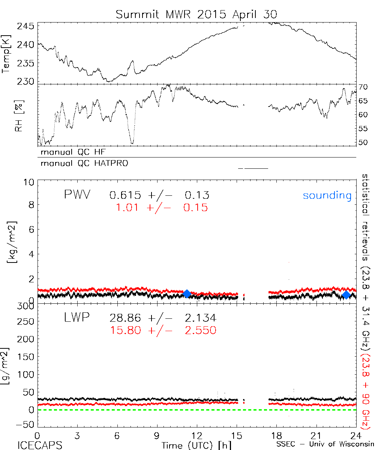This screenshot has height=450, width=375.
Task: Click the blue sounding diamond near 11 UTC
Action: (x=187, y=294)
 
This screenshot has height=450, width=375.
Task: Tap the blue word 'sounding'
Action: (x=327, y=195)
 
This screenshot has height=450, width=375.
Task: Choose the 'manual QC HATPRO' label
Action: (x=82, y=163)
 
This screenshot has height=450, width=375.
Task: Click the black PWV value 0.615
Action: (x=125, y=195)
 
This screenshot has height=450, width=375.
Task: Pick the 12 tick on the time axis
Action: (x=197, y=436)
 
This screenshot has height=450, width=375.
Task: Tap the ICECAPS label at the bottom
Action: (x=40, y=445)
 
